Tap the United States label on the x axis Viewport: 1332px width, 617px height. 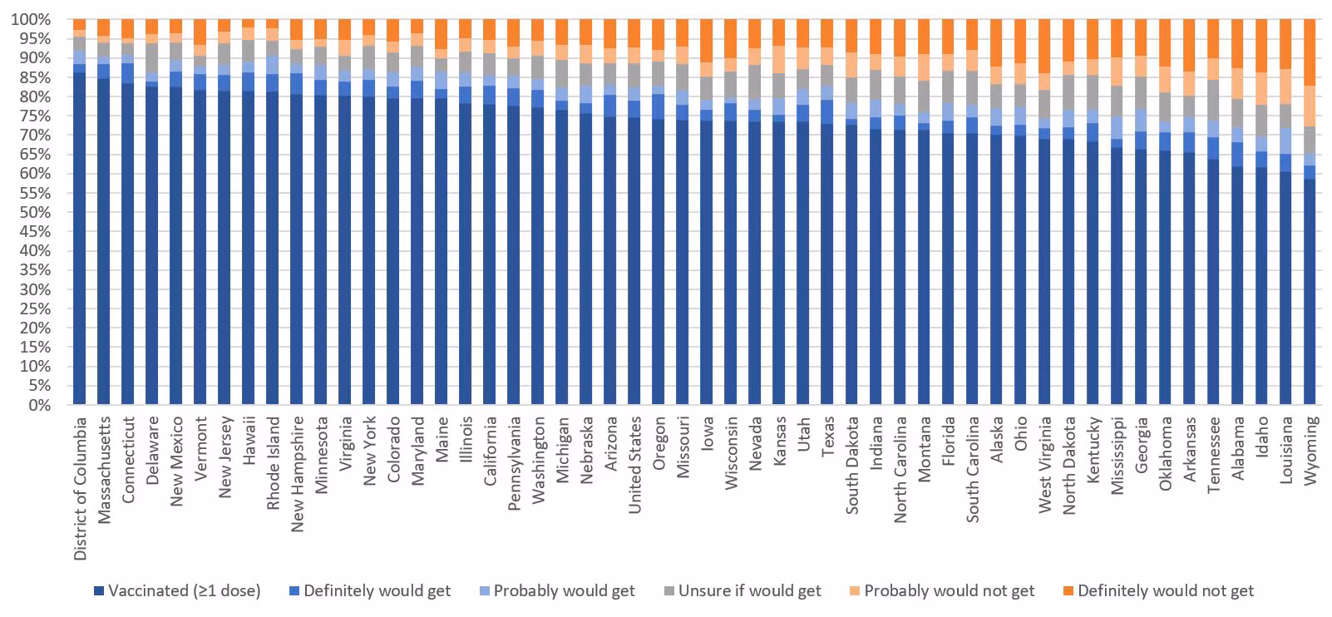tap(635, 465)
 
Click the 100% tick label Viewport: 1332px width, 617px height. tap(30, 19)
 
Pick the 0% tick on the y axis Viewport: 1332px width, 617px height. tap(37, 405)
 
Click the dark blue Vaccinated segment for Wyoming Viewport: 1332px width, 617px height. tap(1310, 291)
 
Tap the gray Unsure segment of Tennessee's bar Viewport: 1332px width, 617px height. tap(1214, 100)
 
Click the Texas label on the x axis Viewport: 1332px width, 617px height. tap(828, 435)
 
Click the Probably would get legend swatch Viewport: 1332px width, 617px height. tap(484, 591)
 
